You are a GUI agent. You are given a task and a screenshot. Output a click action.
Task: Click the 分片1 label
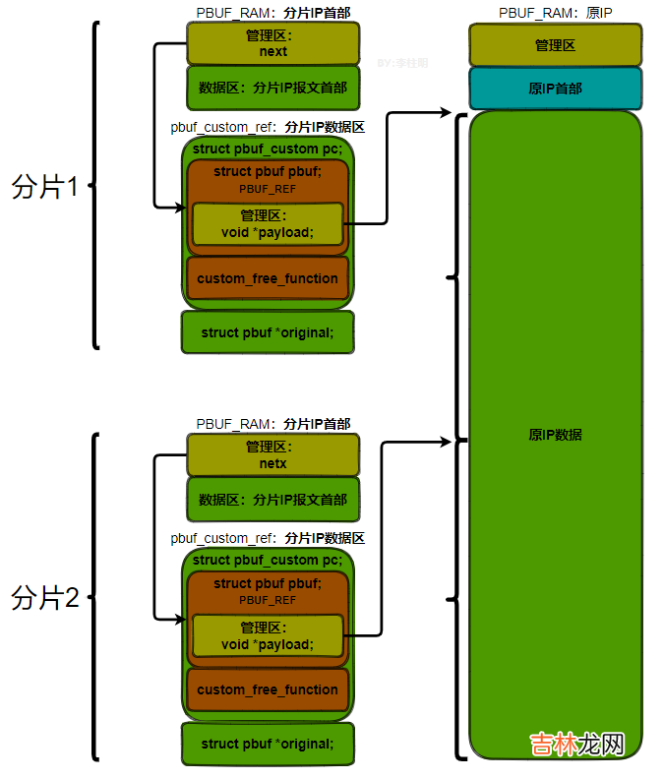pyautogui.click(x=44, y=188)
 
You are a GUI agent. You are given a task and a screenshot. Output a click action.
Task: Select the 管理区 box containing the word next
pyautogui.click(x=272, y=43)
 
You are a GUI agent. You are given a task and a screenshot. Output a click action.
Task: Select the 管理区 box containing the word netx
pyautogui.click(x=272, y=455)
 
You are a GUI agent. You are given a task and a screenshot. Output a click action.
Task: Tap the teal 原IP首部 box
pyautogui.click(x=555, y=89)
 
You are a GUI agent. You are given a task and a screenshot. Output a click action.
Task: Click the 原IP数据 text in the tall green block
pyautogui.click(x=555, y=434)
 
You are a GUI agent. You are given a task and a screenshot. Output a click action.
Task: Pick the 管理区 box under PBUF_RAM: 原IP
pyautogui.click(x=555, y=45)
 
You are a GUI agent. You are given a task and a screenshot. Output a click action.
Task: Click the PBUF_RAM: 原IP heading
pyautogui.click(x=555, y=12)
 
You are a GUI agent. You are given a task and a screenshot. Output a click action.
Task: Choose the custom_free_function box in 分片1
pyautogui.click(x=268, y=278)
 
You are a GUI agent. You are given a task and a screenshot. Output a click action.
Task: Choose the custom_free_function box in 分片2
pyautogui.click(x=268, y=689)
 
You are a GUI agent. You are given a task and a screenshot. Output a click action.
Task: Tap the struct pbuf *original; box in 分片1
pyautogui.click(x=268, y=332)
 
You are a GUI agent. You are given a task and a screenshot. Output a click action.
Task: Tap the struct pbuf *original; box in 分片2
pyautogui.click(x=268, y=744)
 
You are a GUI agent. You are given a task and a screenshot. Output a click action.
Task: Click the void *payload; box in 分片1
pyautogui.click(x=268, y=224)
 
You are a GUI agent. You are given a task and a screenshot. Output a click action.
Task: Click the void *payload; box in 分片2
pyautogui.click(x=268, y=635)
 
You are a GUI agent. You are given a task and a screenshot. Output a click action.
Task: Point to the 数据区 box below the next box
pyautogui.click(x=272, y=88)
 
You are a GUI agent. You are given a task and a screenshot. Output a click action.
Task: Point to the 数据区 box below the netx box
pyautogui.click(x=272, y=500)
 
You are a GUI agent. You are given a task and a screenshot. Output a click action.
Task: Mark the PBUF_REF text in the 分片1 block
pyautogui.click(x=268, y=188)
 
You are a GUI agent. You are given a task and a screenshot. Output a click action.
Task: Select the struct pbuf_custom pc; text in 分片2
pyautogui.click(x=268, y=560)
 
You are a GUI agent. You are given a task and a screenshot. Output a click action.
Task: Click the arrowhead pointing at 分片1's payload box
pyautogui.click(x=181, y=208)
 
